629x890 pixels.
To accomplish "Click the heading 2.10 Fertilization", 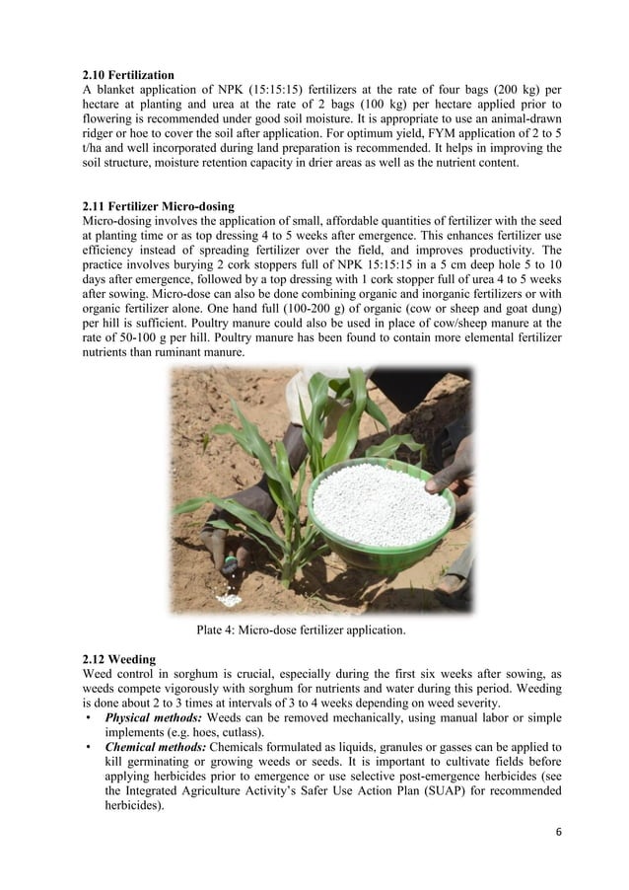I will (x=129, y=74).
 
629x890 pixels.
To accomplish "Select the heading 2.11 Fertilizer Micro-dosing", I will (x=159, y=205).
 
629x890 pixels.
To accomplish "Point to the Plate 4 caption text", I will (x=301, y=629).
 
